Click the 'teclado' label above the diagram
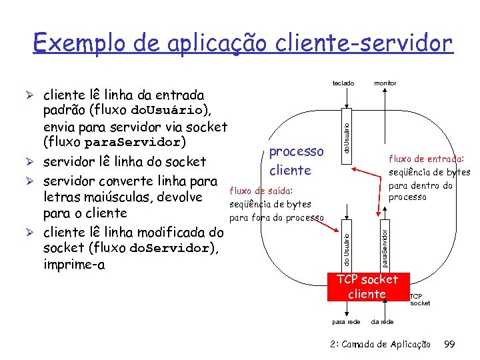pos(343,83)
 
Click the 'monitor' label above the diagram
pos(385,83)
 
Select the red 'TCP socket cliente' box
pos(367,287)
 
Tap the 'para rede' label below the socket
pos(346,322)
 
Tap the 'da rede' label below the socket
pos(382,322)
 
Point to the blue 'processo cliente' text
pos(296,161)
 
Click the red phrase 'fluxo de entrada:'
pos(426,159)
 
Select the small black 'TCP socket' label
pos(420,299)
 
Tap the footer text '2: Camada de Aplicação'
pos(380,344)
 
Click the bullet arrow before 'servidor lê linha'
pos(33,162)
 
